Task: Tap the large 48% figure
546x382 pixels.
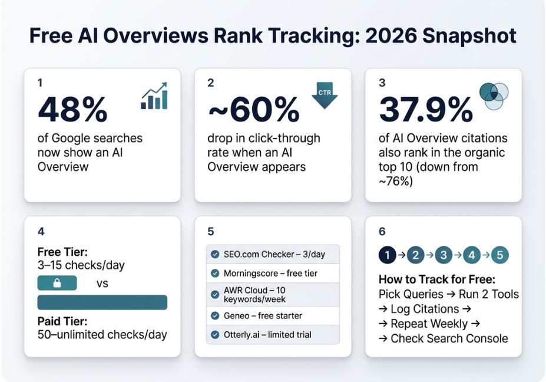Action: coord(72,110)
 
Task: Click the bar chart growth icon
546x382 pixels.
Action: coord(154,96)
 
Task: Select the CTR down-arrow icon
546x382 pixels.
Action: coord(325,95)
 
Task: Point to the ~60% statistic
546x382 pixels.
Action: coord(253,110)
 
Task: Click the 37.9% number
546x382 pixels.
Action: coord(425,110)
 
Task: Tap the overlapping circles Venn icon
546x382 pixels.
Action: coord(494,96)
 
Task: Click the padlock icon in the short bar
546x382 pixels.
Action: coord(57,284)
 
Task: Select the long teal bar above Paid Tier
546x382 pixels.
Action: coord(102,302)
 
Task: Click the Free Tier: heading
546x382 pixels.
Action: coord(62,252)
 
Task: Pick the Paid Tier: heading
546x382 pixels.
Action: coord(62,321)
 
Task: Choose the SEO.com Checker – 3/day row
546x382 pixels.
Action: coord(273,255)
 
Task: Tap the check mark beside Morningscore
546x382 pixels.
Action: coord(215,274)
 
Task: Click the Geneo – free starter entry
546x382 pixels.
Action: coord(263,316)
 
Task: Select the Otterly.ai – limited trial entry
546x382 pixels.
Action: coord(267,335)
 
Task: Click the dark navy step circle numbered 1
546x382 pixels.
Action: coord(387,255)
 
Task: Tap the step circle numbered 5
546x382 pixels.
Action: coord(499,255)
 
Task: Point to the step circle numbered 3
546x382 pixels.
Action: coord(444,255)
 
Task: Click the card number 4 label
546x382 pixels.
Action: coord(41,232)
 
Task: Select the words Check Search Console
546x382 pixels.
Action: coord(449,338)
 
